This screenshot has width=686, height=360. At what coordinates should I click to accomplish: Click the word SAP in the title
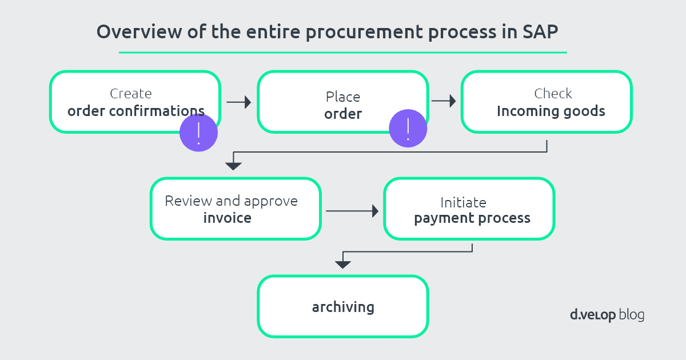(540, 31)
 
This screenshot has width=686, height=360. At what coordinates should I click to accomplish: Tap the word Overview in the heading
(139, 31)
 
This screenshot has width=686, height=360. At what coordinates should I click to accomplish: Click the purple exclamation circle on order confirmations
(198, 133)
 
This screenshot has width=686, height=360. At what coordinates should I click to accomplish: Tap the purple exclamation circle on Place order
(408, 128)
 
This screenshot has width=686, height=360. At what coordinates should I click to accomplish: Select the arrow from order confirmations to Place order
(239, 102)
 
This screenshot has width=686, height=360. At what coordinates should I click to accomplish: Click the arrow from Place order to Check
(444, 101)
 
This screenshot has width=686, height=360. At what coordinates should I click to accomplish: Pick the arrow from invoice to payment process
(352, 211)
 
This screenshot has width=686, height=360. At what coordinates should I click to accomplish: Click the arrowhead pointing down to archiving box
(343, 265)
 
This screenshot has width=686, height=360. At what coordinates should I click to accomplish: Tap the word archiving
(343, 307)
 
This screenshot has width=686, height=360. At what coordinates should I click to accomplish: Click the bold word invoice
(228, 218)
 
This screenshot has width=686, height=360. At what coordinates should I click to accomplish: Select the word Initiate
(463, 202)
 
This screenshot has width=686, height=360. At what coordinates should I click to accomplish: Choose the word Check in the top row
(553, 93)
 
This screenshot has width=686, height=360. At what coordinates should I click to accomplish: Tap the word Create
(131, 94)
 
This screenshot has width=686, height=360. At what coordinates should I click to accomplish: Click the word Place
(343, 97)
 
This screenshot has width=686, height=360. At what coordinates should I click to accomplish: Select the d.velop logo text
(593, 315)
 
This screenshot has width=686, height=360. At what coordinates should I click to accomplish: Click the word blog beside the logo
(632, 315)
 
